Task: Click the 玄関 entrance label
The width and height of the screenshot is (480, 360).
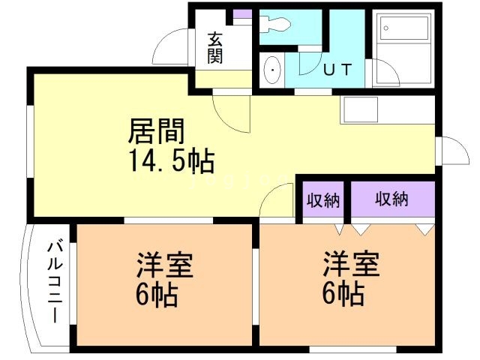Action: coord(215,46)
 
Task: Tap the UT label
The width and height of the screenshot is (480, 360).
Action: coord(338,70)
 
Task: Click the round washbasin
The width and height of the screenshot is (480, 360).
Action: coord(271,72)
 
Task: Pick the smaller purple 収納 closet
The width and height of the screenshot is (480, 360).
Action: coord(323,200)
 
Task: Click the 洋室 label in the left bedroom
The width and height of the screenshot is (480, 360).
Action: coord(164,265)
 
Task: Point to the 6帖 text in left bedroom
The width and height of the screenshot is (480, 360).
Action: coord(157,293)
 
